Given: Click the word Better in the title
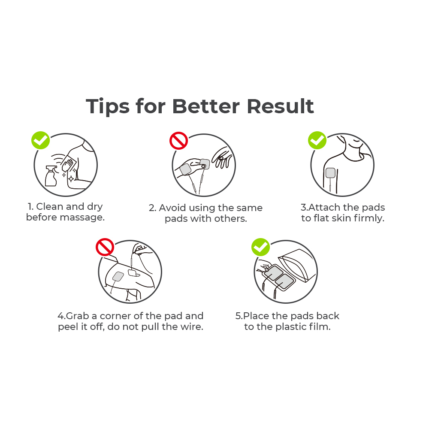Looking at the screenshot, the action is (x=206, y=106).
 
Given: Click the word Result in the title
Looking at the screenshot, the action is (x=281, y=106).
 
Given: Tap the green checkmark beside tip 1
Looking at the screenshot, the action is (x=40, y=140).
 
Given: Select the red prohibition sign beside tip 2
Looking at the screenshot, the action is (x=178, y=141).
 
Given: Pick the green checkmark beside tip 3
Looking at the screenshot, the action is (x=317, y=140).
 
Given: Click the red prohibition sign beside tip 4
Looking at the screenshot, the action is (x=105, y=247).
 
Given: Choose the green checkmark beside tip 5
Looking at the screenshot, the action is (x=261, y=247).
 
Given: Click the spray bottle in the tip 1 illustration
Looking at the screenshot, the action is (x=51, y=175).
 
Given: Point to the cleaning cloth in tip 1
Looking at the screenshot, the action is (x=68, y=164).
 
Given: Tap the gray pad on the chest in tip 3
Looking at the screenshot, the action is (x=330, y=172).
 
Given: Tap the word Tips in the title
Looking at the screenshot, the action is (x=108, y=107).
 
